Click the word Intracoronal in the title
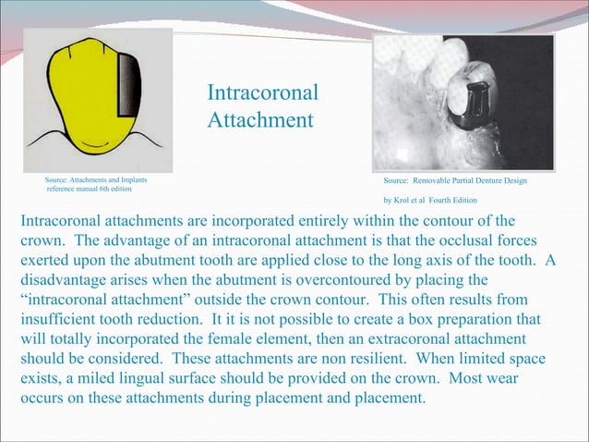(x=263, y=93)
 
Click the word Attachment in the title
(x=260, y=120)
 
